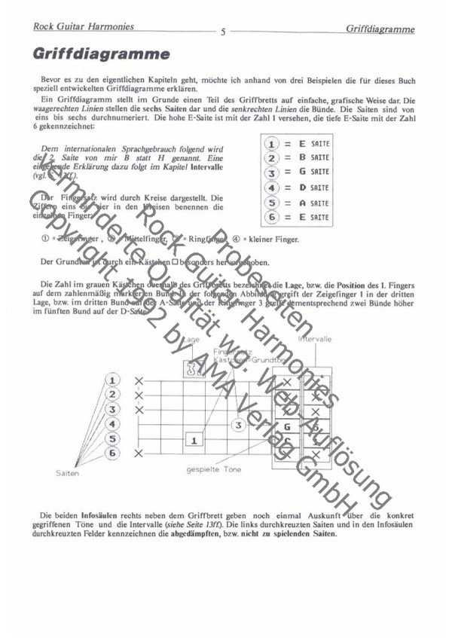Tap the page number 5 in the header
[x=224, y=32]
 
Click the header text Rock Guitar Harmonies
[x=84, y=27]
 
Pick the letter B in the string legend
[x=301, y=157]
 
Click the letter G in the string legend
[x=301, y=172]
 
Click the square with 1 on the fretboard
[x=194, y=439]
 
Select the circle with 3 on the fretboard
[x=239, y=425]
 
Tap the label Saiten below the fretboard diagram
[x=67, y=475]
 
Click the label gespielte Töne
[x=215, y=469]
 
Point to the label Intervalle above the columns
[x=317, y=340]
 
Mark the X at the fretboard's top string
[x=139, y=380]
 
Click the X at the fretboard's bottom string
[x=139, y=453]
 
